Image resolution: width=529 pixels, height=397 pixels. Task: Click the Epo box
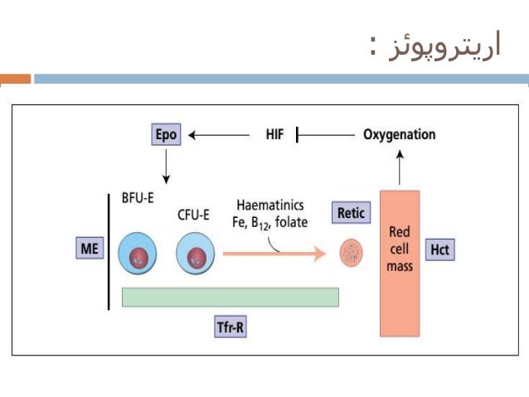click(167, 134)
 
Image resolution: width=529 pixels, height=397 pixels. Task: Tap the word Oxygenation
click(399, 134)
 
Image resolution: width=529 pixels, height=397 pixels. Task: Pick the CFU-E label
click(193, 215)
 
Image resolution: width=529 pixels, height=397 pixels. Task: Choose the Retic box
click(349, 213)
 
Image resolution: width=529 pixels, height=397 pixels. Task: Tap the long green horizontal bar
click(230, 297)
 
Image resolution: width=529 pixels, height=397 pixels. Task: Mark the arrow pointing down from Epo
click(167, 166)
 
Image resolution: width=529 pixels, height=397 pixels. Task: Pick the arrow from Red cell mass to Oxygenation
click(400, 169)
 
